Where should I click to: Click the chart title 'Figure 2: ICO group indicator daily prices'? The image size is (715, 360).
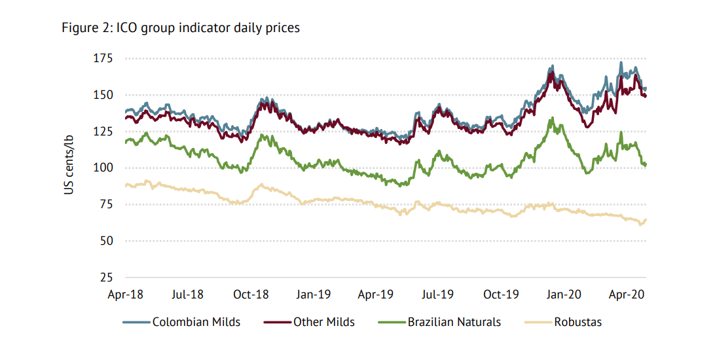(181, 27)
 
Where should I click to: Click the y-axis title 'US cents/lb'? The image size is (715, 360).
(68, 168)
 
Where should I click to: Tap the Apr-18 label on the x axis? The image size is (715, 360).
(126, 295)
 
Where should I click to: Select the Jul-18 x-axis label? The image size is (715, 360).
(188, 295)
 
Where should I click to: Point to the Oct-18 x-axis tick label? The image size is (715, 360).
(251, 295)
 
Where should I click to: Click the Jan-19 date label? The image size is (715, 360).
(314, 295)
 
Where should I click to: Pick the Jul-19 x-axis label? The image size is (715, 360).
(438, 295)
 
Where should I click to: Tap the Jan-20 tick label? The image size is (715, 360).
(564, 295)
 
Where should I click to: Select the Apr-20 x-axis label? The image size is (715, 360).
(627, 295)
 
